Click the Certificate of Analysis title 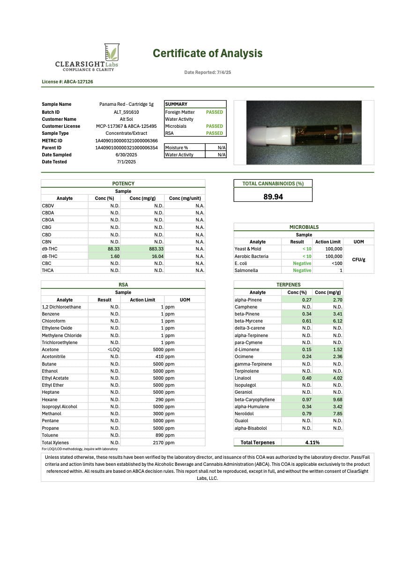(x=208, y=53)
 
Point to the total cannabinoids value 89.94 (x=273, y=197)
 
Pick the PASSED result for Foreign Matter (x=215, y=112)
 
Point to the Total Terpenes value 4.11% (x=311, y=442)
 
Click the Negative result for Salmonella (x=302, y=270)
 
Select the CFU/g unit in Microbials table (x=358, y=260)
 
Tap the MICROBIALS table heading (x=304, y=227)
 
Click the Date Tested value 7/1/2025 (x=126, y=162)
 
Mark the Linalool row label (x=243, y=378)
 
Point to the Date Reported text (x=208, y=73)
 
